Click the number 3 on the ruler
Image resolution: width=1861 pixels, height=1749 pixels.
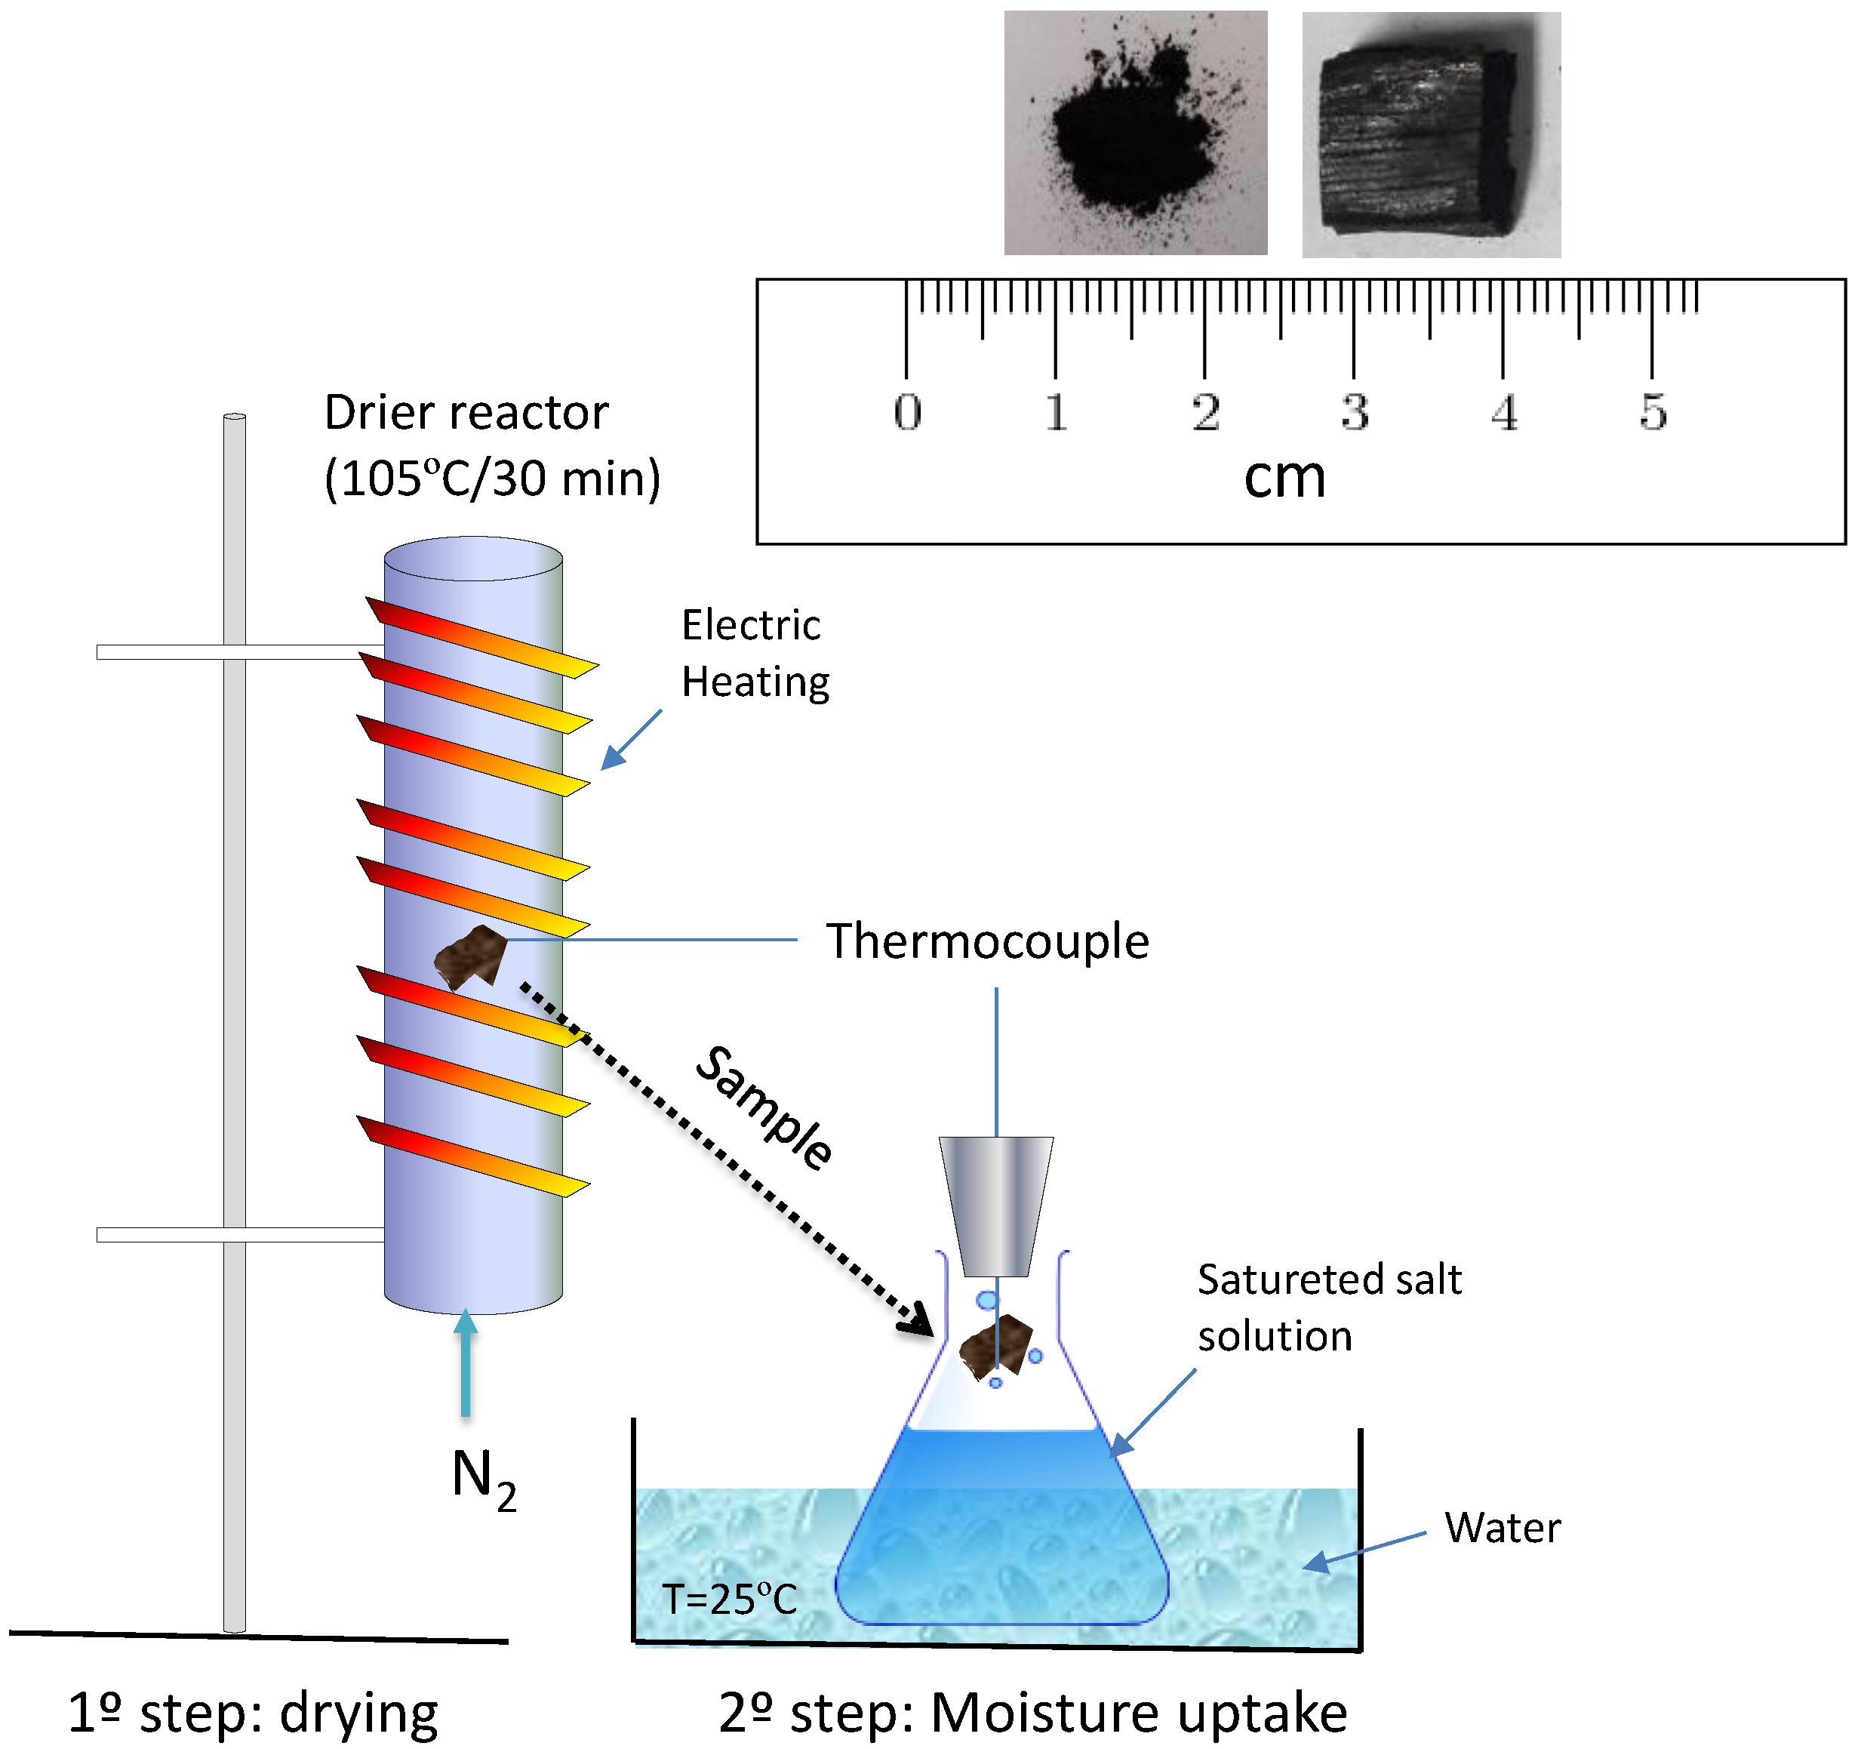click(x=1355, y=412)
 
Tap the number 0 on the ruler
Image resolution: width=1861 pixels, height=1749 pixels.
click(x=907, y=412)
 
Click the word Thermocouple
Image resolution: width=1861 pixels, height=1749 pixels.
click(x=986, y=941)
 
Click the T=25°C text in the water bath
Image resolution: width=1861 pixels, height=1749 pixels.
click(x=729, y=1600)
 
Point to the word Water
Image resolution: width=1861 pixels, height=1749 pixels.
click(x=1502, y=1528)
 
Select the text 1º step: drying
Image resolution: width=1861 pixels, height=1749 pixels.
click(x=253, y=1714)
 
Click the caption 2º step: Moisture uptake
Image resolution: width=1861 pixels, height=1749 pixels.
click(x=1032, y=1714)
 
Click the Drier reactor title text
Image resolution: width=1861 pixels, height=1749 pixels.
click(x=466, y=413)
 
